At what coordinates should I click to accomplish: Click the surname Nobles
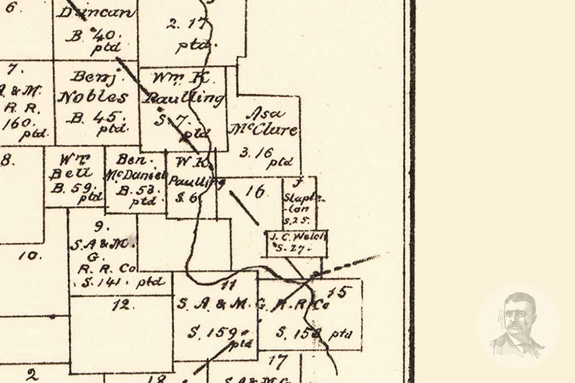click(94, 97)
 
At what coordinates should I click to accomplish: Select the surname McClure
click(264, 130)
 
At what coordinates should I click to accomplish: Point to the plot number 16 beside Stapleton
click(255, 192)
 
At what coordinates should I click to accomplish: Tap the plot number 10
click(30, 256)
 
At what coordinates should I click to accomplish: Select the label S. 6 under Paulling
click(186, 198)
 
